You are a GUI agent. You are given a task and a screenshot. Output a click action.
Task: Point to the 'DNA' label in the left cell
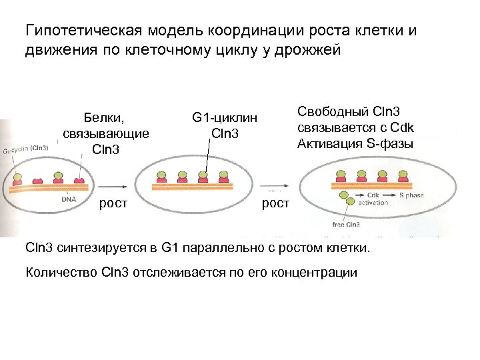69,199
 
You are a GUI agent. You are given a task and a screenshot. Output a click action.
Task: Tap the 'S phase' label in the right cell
411,195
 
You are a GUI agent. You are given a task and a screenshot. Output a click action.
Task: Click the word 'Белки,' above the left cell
106,118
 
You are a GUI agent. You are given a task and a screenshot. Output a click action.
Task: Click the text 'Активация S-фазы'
355,143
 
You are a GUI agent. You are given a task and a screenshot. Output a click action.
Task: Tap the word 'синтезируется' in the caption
99,249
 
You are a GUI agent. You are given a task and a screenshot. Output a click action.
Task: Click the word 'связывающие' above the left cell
106,134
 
